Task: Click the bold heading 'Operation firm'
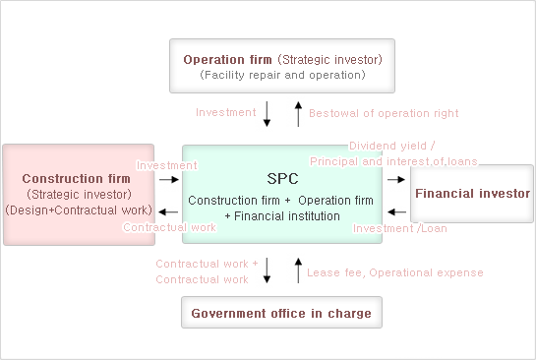pos(227,59)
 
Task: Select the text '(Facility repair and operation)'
pos(282,75)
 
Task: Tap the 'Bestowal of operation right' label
pos(384,113)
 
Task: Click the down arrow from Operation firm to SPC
pos(268,113)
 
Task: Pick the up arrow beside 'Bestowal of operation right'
pos(298,113)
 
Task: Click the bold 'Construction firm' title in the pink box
pos(76,179)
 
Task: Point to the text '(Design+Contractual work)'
pos(79,210)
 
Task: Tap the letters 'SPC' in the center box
pos(281,179)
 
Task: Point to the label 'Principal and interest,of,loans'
pos(392,160)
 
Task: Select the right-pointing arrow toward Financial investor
pos(395,180)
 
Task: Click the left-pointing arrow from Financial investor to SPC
pos(395,210)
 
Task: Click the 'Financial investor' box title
pos(472,194)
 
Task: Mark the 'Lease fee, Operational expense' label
pos(395,272)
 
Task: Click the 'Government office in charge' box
pos(281,314)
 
